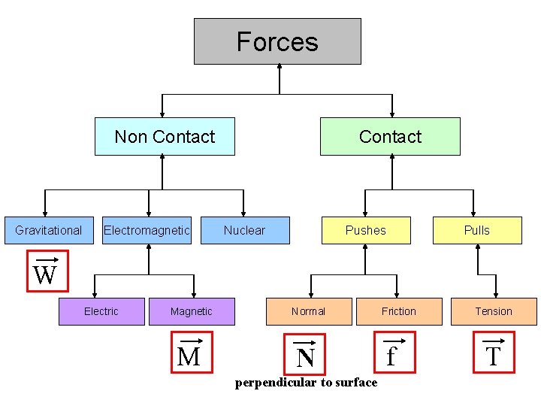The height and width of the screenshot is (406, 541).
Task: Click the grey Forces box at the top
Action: point(277,41)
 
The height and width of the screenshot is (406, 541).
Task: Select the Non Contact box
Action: point(165,136)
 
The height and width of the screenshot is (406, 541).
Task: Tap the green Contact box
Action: point(390,136)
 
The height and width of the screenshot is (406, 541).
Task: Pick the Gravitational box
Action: point(49,230)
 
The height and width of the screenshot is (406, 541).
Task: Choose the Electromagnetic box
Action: point(147,230)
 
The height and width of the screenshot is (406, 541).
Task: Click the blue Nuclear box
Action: point(245,230)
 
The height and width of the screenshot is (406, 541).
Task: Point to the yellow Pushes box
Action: point(366,230)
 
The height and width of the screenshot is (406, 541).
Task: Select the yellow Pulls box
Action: point(477,230)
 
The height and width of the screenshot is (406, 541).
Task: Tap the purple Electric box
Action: point(101,311)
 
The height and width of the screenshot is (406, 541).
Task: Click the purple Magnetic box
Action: point(192,311)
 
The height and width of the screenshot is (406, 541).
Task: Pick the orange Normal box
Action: point(309,311)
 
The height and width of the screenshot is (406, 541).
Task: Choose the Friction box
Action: point(399,311)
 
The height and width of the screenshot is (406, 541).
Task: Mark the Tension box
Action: point(494,311)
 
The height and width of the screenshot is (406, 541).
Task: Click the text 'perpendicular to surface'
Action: point(306,383)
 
